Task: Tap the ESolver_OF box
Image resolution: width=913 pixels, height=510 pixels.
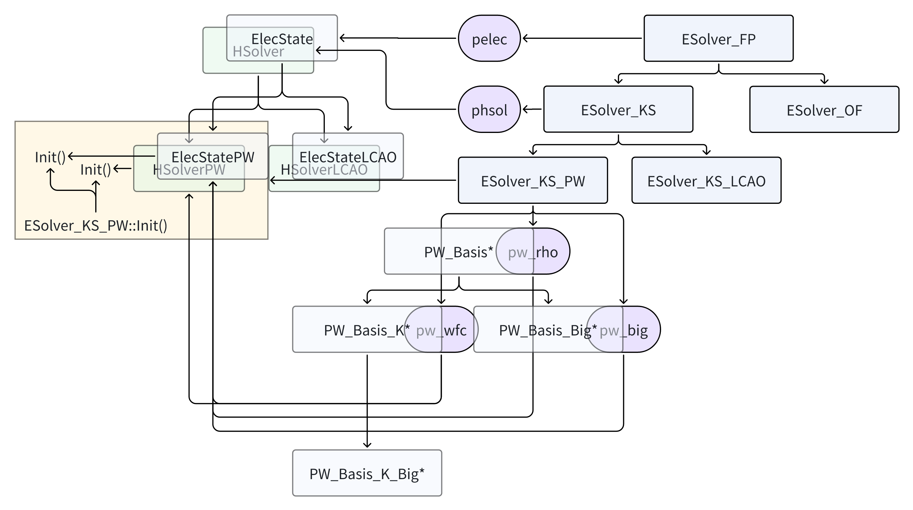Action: click(824, 110)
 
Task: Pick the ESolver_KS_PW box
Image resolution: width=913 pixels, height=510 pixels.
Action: click(532, 181)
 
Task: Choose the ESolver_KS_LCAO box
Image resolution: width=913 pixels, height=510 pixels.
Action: click(706, 181)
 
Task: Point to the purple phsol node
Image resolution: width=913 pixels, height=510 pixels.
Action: click(489, 110)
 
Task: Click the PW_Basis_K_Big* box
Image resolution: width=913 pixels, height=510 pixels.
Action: click(367, 473)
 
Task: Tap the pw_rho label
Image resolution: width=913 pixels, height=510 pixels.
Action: click(533, 252)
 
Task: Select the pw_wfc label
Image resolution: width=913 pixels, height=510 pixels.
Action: click(441, 330)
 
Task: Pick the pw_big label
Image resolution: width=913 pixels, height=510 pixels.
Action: click(623, 330)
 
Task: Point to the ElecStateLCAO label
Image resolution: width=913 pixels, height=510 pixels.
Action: click(348, 157)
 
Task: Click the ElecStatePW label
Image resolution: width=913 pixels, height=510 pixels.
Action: click(213, 157)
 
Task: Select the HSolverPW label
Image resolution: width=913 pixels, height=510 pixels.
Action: click(189, 169)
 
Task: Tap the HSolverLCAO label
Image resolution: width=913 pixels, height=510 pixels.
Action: click(324, 169)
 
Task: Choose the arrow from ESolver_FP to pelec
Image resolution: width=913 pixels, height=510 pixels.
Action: click(581, 38)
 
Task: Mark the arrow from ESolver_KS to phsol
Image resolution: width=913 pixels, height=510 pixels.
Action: click(532, 109)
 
